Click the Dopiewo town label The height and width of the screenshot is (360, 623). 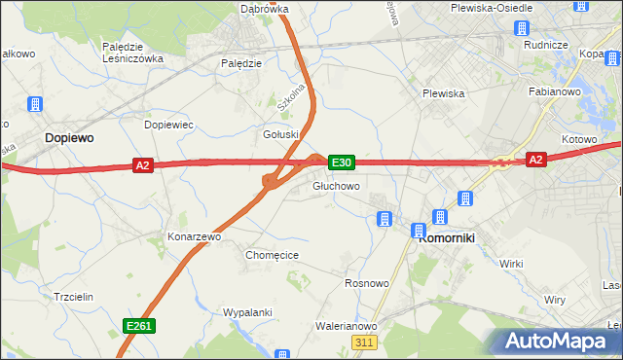point(69,139)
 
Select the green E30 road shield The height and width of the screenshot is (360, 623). point(341,162)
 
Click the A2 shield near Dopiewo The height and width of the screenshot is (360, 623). point(143,166)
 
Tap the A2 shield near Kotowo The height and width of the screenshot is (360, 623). point(534,159)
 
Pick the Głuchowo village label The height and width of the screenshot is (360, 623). point(337,186)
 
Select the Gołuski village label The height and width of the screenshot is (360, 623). point(283,134)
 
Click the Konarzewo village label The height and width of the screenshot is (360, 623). point(195,236)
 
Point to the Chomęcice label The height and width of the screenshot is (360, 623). point(272,255)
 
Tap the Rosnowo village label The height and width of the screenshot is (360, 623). point(367,283)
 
